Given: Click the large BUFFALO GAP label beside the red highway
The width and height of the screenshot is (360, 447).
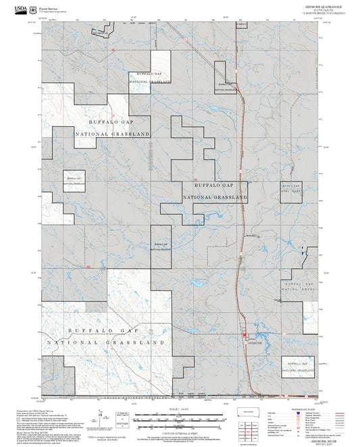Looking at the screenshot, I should tap(213, 185).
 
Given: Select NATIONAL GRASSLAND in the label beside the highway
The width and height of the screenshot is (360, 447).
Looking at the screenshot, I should tap(215, 197).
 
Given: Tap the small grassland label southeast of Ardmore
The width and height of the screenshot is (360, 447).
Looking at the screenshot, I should tap(297, 367).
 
